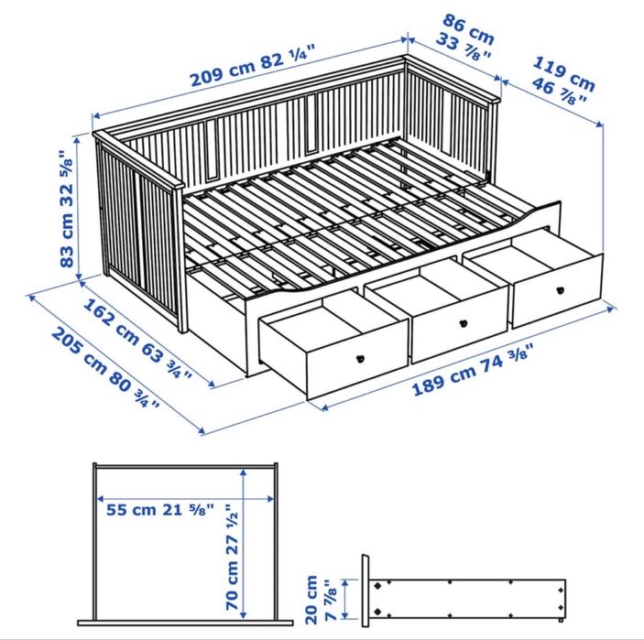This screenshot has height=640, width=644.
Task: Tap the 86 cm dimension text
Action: (x=468, y=28)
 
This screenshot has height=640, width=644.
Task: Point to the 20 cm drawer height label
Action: (x=312, y=594)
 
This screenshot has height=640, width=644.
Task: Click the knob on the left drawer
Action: (x=361, y=357)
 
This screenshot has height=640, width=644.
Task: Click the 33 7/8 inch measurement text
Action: (x=468, y=48)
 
